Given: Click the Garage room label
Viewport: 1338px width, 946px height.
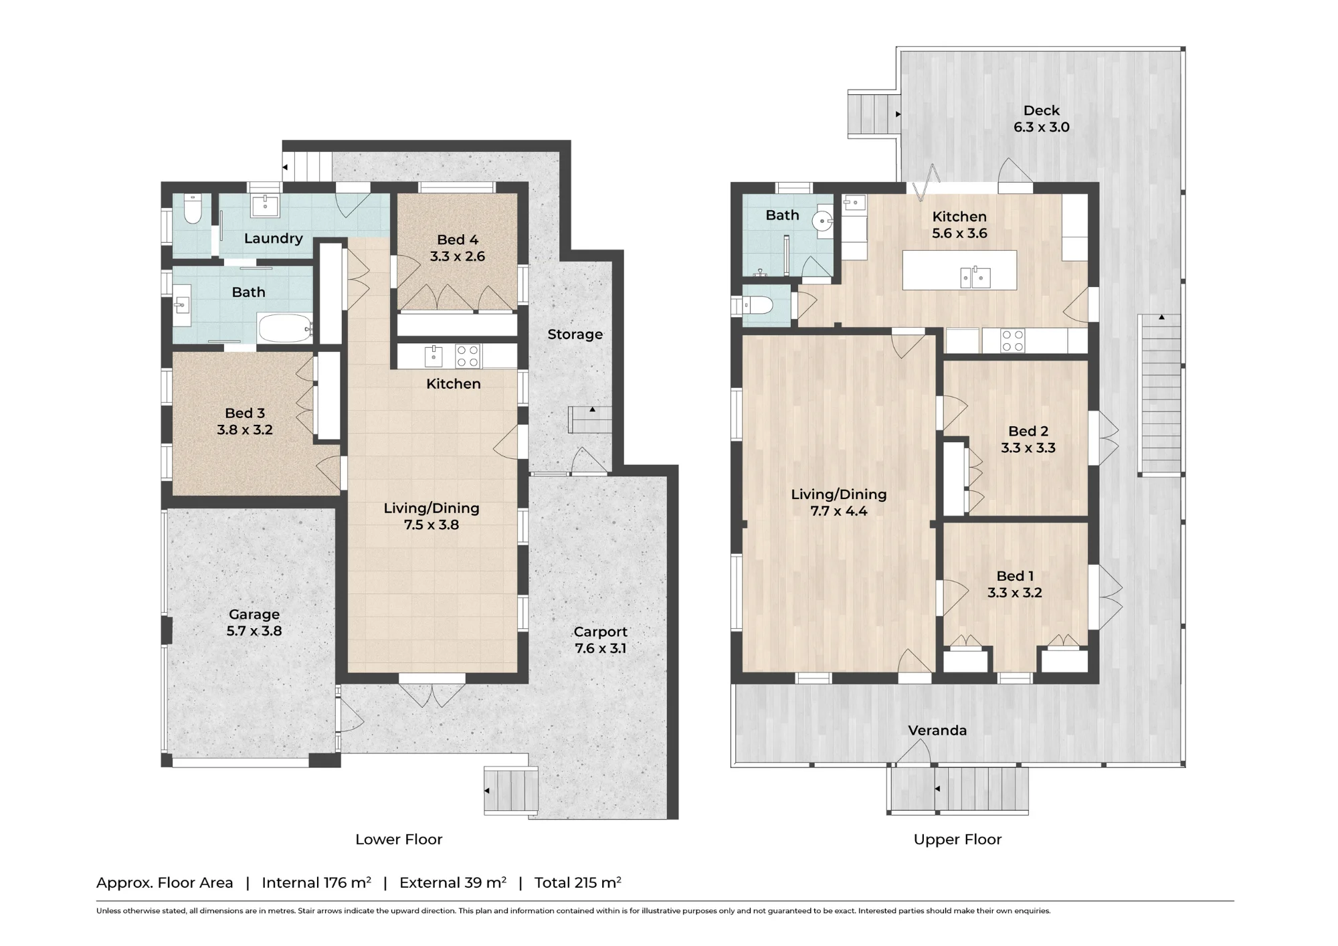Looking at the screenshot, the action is click(x=254, y=614).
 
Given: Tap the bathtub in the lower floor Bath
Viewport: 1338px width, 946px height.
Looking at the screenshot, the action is click(x=285, y=328).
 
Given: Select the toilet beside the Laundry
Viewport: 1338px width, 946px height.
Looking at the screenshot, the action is click(x=193, y=209).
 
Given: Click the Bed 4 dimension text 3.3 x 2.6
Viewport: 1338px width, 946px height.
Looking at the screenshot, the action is click(x=458, y=256).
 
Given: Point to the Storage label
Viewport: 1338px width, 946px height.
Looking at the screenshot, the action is click(x=575, y=335).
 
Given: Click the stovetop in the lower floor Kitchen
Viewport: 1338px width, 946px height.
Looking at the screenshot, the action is click(x=468, y=356).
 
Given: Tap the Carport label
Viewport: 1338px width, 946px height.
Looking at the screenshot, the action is click(x=601, y=632).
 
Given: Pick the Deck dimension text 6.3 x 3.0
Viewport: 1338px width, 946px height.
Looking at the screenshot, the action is click(x=1042, y=127).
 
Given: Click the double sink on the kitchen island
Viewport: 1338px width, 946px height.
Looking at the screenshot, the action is click(x=975, y=276).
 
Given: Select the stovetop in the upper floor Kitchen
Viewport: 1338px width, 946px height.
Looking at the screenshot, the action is click(x=1013, y=341).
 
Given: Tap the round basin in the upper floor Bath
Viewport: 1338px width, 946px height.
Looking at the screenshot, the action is click(x=822, y=220).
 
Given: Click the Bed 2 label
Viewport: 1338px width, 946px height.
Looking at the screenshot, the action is click(x=1028, y=432).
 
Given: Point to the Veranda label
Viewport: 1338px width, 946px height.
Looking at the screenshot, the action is click(x=937, y=731).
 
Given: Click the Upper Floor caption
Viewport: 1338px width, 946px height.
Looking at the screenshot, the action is click(x=957, y=840).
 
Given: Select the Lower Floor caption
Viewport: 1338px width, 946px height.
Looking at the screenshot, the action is click(x=399, y=840).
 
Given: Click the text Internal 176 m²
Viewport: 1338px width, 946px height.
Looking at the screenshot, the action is click(x=316, y=882).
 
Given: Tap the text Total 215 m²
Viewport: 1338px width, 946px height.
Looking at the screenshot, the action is click(x=578, y=882).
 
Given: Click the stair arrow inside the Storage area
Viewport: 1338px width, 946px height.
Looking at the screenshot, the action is click(x=592, y=409).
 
